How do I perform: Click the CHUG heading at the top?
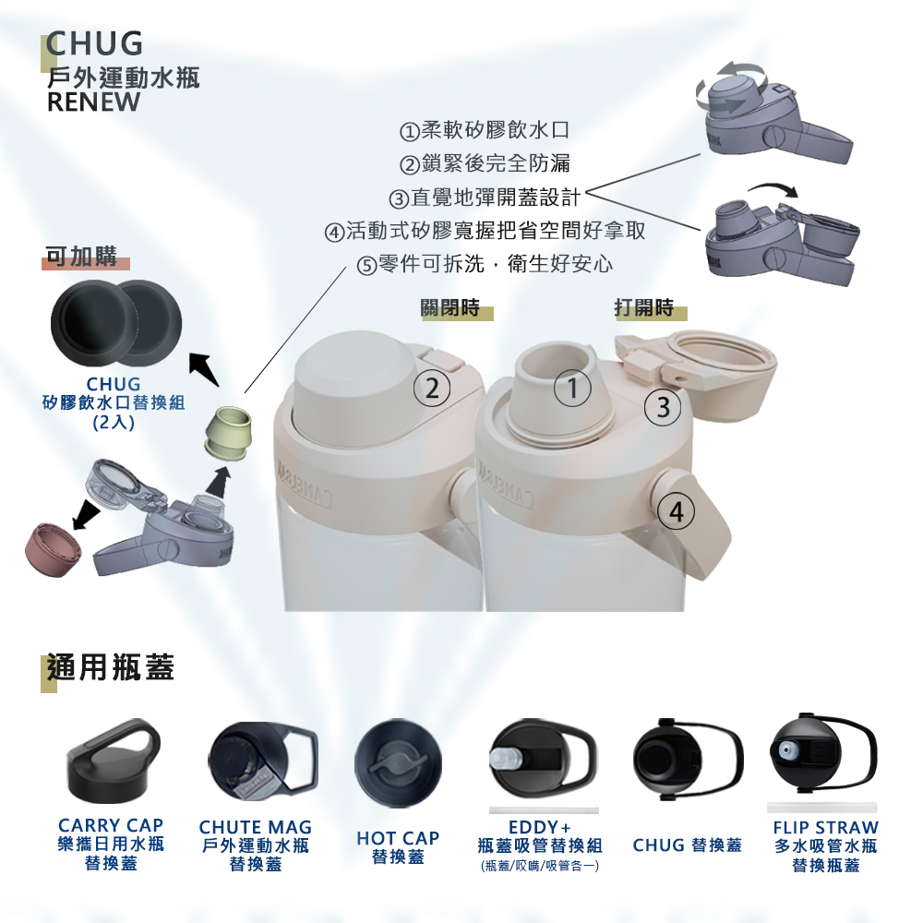(x=95, y=43)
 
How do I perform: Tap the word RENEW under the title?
(x=93, y=102)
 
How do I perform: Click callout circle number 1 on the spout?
(x=572, y=388)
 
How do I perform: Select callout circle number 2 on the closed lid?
(x=432, y=389)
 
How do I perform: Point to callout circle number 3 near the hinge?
(x=664, y=407)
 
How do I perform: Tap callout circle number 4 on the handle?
(x=677, y=511)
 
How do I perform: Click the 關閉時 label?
(x=451, y=308)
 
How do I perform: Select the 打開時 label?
(x=644, y=308)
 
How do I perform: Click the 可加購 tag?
(x=81, y=257)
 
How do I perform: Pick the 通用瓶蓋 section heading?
(x=111, y=667)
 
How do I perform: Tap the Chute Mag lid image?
(x=263, y=761)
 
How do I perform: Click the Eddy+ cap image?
(x=543, y=760)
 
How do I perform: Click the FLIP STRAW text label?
(x=825, y=828)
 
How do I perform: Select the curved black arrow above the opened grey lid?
(x=773, y=188)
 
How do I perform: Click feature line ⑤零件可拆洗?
(x=485, y=264)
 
